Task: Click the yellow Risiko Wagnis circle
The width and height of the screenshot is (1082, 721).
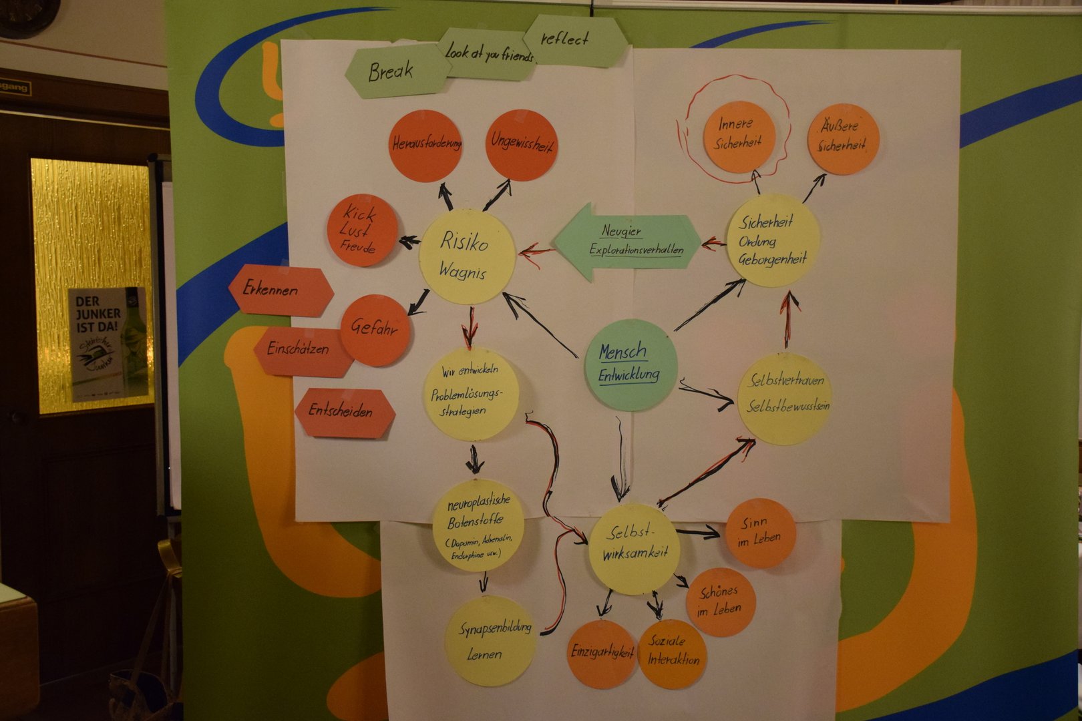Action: pyautogui.click(x=466, y=256)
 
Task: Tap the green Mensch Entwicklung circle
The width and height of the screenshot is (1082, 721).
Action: pyautogui.click(x=630, y=365)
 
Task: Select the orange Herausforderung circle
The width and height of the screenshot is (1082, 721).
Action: pyautogui.click(x=425, y=146)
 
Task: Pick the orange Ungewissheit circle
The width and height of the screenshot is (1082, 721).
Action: pyautogui.click(x=521, y=144)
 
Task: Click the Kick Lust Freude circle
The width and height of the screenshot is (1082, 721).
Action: pyautogui.click(x=361, y=230)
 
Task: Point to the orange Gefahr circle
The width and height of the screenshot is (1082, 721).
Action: pyautogui.click(x=375, y=329)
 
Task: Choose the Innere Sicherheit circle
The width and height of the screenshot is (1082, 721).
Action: pyautogui.click(x=738, y=135)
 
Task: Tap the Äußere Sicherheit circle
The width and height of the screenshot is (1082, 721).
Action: pyautogui.click(x=842, y=138)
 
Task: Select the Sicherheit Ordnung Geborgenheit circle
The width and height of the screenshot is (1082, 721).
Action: pyautogui.click(x=772, y=240)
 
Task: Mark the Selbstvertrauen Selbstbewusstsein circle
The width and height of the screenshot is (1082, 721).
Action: pyautogui.click(x=784, y=398)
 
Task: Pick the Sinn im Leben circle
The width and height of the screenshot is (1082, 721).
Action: pyautogui.click(x=760, y=533)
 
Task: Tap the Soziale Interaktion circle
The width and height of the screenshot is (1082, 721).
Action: pyautogui.click(x=672, y=653)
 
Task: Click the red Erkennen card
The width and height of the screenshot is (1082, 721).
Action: pyautogui.click(x=281, y=290)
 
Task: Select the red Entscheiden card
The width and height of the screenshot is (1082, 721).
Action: pyautogui.click(x=344, y=412)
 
